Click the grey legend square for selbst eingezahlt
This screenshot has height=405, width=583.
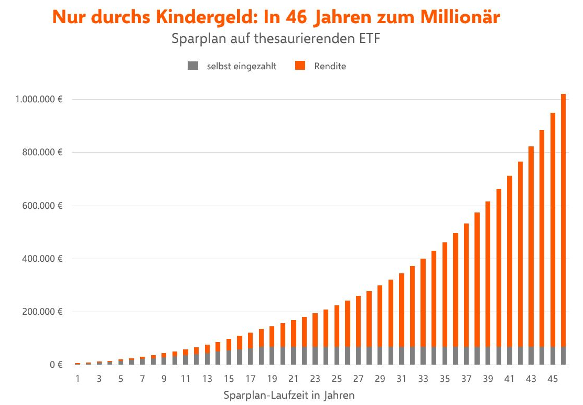point(193,66)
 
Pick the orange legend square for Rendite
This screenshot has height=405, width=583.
point(300,66)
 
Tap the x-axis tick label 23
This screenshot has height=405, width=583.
point(315,379)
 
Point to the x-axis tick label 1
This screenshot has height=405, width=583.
point(78,379)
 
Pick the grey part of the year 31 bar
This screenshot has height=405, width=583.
point(402,356)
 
